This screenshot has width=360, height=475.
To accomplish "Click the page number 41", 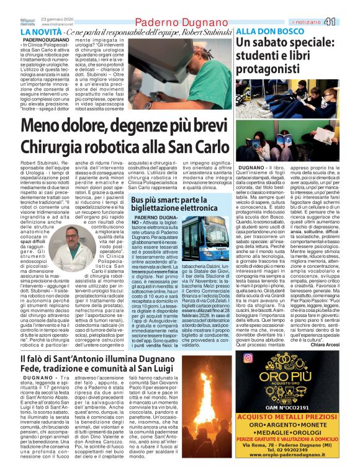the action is point(346,21).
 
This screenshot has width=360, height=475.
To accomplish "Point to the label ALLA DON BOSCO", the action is point(269,31).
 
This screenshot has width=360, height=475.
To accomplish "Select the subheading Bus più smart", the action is point(148,200).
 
